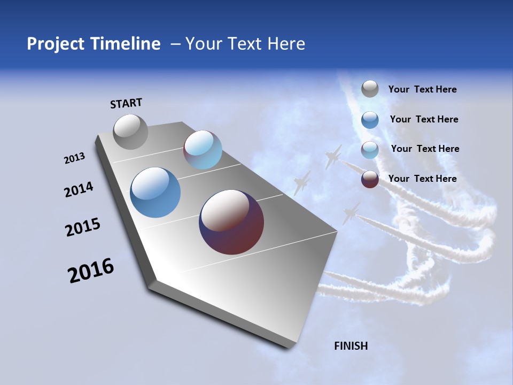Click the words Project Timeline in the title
coord(94,44)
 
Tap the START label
coord(126,103)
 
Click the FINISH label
coord(351,346)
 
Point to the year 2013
coord(74,158)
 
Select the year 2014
coord(79,190)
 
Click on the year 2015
coord(83,227)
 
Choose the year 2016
coord(91,271)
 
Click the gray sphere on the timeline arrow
coord(130,132)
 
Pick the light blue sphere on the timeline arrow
coord(203,150)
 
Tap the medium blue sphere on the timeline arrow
coord(156,192)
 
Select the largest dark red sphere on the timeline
coord(231,222)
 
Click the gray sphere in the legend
coord(370,89)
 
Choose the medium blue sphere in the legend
coord(370,120)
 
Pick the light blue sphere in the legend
coord(370,150)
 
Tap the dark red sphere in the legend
coord(370,179)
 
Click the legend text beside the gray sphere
coord(422,90)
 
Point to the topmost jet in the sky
coord(333,156)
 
